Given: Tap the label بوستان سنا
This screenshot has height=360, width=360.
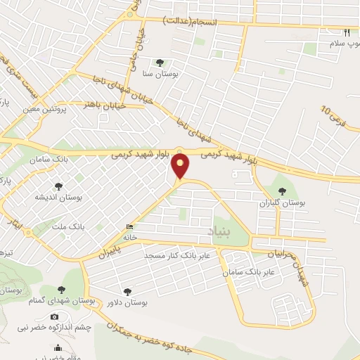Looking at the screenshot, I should (x=160, y=73).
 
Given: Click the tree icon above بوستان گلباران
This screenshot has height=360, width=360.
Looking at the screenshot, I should (x=283, y=191).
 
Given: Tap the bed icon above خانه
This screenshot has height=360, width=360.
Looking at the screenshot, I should (x=128, y=227).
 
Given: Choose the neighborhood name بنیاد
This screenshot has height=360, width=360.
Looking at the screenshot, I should (x=219, y=231).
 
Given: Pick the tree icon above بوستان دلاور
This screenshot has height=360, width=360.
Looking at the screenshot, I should (x=127, y=290).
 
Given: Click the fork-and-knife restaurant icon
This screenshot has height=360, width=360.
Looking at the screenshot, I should (x=346, y=32).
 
